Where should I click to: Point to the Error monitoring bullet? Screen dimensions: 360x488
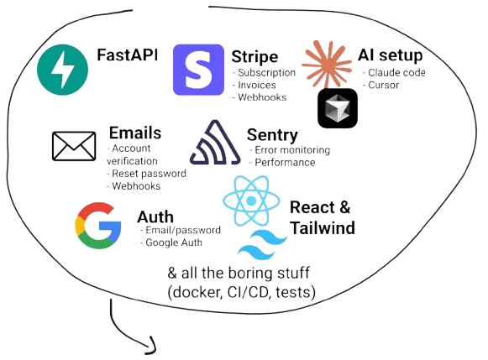click(291, 149)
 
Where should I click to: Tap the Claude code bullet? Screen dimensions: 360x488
click(392, 73)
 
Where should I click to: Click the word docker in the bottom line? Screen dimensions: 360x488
click(195, 291)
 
